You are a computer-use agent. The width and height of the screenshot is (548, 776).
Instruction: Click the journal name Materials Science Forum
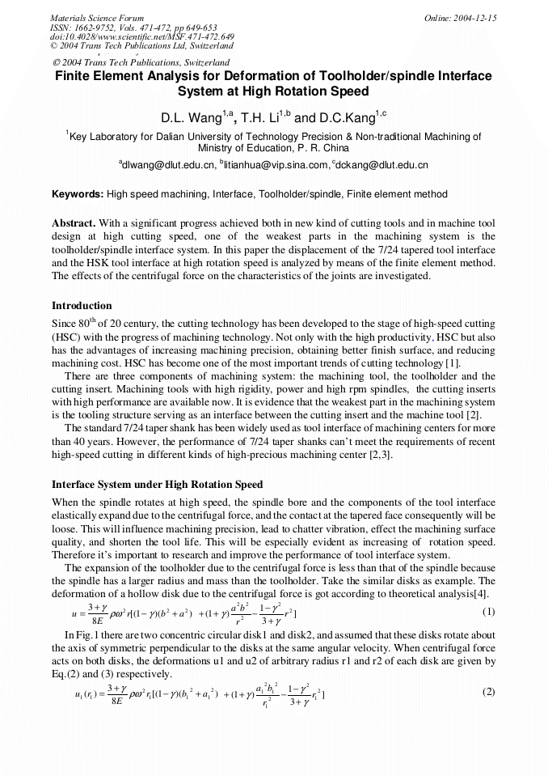[97, 18]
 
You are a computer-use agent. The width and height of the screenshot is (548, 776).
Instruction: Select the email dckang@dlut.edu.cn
[381, 165]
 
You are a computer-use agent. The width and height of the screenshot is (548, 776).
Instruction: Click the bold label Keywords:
[78, 195]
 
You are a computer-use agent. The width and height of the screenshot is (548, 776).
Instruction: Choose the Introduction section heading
[82, 306]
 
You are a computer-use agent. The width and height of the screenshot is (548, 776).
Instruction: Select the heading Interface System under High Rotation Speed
[157, 485]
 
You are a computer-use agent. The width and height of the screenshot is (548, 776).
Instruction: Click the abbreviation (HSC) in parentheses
[66, 336]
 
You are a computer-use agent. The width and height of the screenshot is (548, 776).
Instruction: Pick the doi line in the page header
[142, 37]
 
